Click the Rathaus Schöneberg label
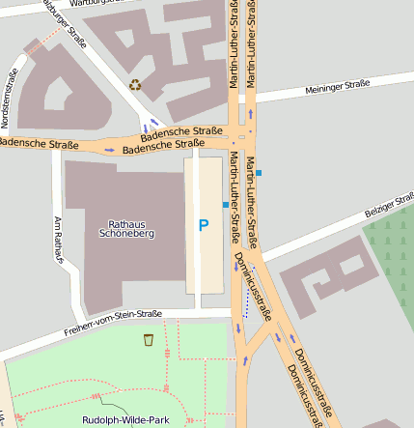coord(126,228)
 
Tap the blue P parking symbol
coord(203,226)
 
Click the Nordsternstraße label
coord(11,92)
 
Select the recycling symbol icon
coord(135,85)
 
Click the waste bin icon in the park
coord(148,340)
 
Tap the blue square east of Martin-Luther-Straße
coord(258,173)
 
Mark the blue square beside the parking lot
coord(225,205)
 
